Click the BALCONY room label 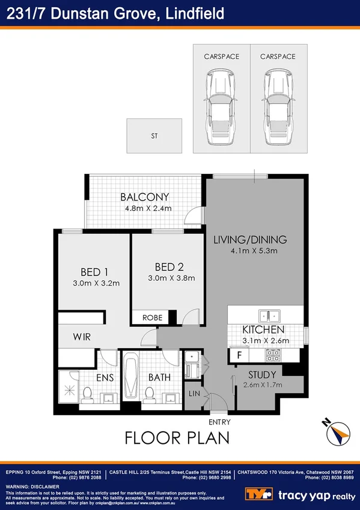point(144,197)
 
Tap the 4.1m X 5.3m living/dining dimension point(250,251)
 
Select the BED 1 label point(94,271)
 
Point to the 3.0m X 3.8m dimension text point(171,278)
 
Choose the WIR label point(82,337)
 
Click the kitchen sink point(268,315)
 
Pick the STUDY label point(262,375)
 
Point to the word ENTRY point(219,422)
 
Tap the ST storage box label point(154,136)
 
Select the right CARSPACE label point(278,57)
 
